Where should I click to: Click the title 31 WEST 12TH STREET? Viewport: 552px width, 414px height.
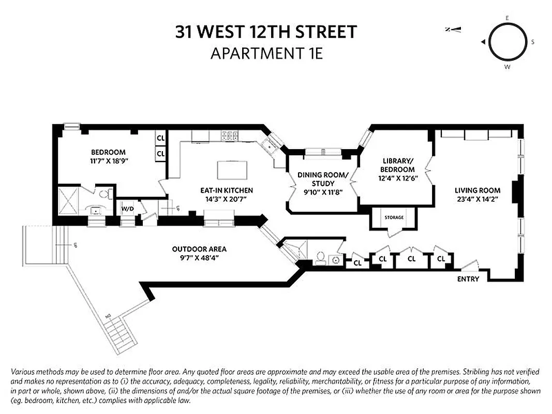[266, 32]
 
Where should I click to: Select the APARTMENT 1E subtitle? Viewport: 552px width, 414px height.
[266, 53]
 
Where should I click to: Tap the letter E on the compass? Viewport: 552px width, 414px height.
[507, 18]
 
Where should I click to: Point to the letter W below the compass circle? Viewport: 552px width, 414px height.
[507, 67]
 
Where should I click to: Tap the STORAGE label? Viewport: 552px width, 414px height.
[394, 217]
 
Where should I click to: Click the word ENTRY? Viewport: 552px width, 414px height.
[468, 279]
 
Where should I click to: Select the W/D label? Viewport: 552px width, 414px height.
[127, 209]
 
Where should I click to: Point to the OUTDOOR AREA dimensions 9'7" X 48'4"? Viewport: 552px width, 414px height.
[199, 257]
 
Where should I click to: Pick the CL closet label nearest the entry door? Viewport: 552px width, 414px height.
[441, 259]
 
